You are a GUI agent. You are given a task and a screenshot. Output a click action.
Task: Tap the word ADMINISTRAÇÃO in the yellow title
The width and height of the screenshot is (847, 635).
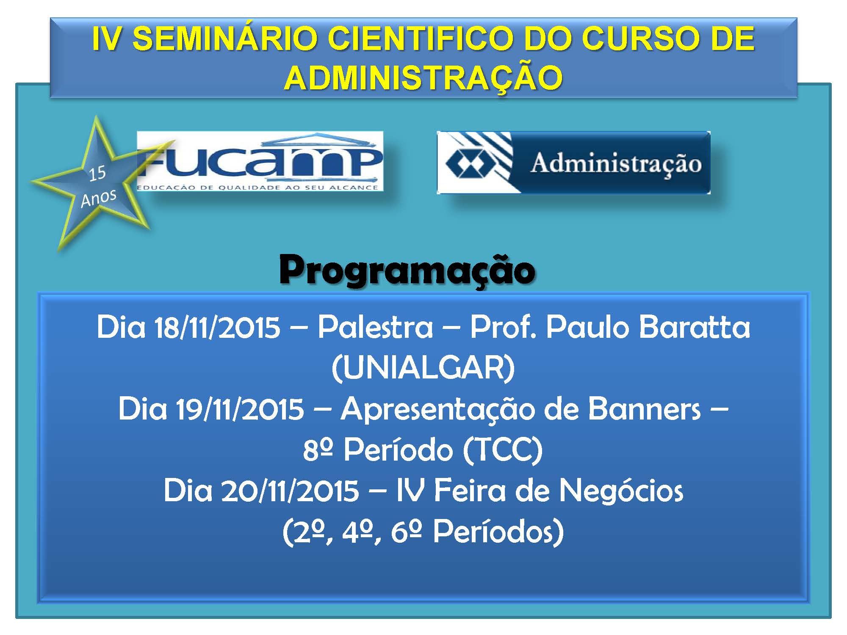tap(423, 78)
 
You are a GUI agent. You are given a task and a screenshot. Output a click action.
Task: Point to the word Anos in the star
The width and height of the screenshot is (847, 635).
tap(98, 198)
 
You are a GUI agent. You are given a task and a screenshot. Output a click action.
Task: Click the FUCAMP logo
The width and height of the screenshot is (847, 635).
tap(260, 161)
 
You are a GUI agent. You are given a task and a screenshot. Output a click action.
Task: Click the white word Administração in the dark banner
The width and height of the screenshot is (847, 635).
tap(616, 164)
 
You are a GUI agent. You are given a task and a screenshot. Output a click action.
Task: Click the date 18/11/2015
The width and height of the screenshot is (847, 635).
tap(217, 328)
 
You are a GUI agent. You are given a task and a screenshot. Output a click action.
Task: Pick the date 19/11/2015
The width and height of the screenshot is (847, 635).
tap(240, 409)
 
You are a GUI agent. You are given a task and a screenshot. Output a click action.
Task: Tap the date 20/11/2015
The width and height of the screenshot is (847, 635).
tap(290, 491)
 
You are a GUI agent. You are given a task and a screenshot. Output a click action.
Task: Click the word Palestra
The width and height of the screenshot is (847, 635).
tap(376, 327)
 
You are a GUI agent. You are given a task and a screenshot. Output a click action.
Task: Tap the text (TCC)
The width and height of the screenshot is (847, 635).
tap(503, 450)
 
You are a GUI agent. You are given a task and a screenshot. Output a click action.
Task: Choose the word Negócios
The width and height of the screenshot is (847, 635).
tap(621, 491)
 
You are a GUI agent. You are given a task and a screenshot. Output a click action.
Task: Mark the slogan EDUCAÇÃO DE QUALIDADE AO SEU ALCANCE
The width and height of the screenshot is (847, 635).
tap(257, 187)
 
